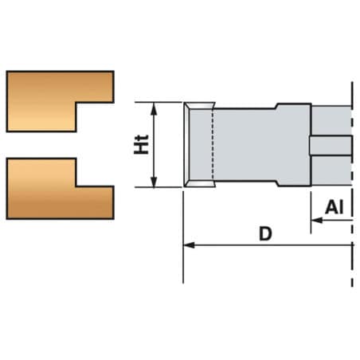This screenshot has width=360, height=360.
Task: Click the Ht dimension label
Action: click(x=141, y=145)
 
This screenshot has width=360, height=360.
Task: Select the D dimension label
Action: click(x=265, y=233)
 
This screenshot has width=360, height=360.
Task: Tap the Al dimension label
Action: click(x=335, y=207)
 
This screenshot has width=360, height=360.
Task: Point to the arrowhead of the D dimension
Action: click(x=189, y=245)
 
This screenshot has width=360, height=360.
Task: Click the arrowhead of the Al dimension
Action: click(x=317, y=220)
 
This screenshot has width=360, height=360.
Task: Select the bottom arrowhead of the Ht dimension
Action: click(x=154, y=181)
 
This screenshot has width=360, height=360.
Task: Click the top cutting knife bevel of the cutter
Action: click(x=200, y=106)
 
